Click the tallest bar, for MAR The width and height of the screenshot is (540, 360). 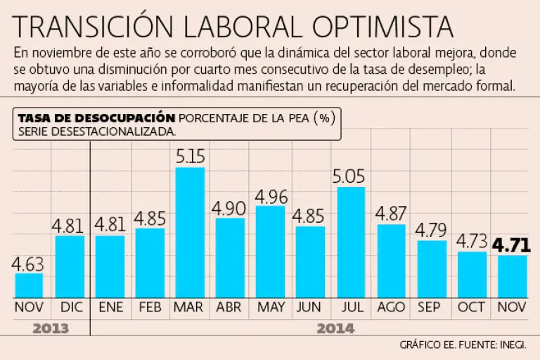(x=190, y=232)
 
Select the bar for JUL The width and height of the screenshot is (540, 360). (x=351, y=242)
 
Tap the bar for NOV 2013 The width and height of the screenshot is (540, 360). (x=29, y=285)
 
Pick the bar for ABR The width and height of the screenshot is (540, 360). (x=230, y=257)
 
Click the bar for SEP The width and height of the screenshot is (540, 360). (x=431, y=269)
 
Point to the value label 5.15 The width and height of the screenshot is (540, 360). (x=190, y=156)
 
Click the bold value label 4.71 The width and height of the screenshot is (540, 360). (x=511, y=245)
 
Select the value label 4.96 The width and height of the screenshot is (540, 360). (x=270, y=196)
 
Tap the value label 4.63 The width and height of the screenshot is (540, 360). (x=29, y=264)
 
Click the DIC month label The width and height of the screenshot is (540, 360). (x=69, y=307)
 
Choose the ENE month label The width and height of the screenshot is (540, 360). (x=110, y=307)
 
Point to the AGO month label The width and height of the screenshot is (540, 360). (x=391, y=307)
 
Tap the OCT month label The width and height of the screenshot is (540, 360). (x=471, y=307)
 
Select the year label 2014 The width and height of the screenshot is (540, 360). (x=335, y=328)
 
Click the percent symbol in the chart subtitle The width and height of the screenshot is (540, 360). (x=323, y=117)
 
